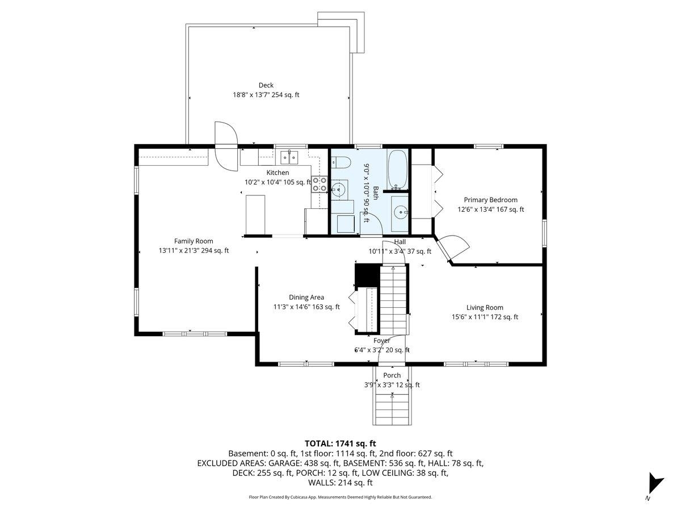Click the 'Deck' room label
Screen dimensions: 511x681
266,85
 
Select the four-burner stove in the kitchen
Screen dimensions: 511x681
320,185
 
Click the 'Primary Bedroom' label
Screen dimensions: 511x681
490,200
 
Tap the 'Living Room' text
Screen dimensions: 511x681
485,308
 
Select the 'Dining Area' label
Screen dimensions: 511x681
306,297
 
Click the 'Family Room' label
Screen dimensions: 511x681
194,241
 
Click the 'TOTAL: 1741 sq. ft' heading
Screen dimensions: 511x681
340,443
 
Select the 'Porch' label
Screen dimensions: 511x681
392,375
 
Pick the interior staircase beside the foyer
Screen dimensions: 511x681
393,301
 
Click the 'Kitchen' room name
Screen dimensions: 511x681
278,173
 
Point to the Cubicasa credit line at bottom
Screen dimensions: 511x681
340,497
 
